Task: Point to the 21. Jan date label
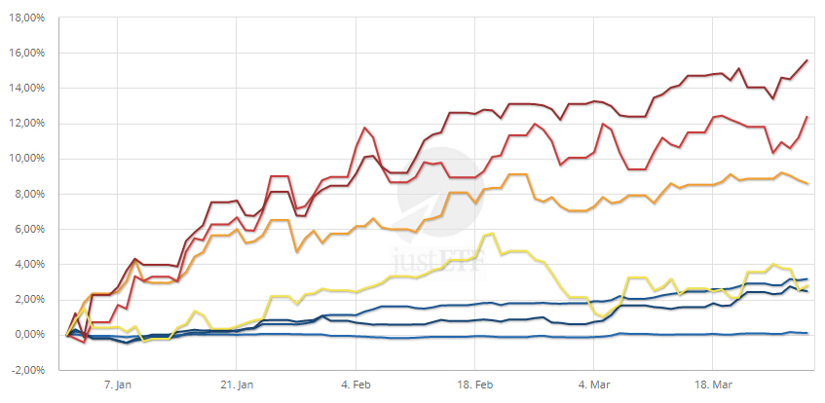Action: pyautogui.click(x=237, y=385)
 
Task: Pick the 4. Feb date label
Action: pyautogui.click(x=357, y=385)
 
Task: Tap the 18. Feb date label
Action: pyautogui.click(x=476, y=385)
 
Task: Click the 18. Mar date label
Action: pyautogui.click(x=713, y=385)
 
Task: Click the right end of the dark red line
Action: pyautogui.click(x=807, y=60)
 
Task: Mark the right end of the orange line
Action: pyautogui.click(x=807, y=184)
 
